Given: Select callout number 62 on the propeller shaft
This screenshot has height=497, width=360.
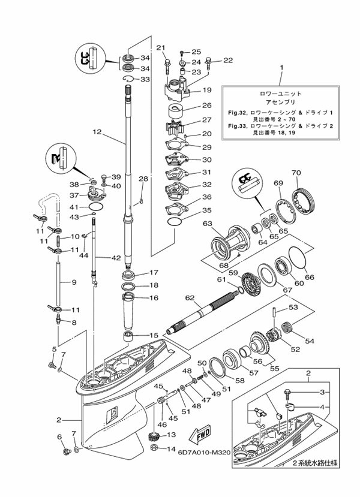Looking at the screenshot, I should point(190,297).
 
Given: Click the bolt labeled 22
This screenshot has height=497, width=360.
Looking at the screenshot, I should point(208,61).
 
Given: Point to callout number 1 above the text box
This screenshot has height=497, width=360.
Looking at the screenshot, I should point(280,67).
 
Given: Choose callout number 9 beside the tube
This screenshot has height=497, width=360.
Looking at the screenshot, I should point(74,282).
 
